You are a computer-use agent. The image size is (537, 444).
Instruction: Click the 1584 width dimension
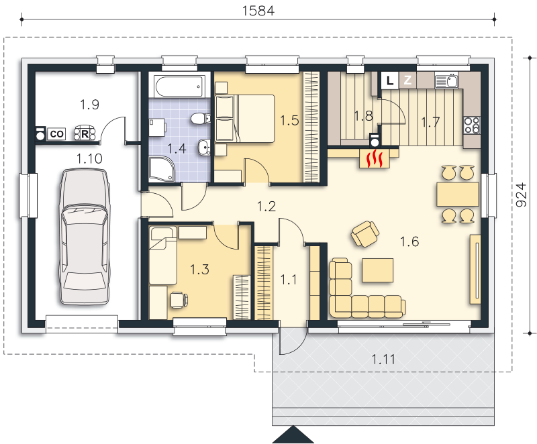258,11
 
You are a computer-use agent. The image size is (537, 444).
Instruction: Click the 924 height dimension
521,195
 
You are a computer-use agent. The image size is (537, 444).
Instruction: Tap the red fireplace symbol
375,159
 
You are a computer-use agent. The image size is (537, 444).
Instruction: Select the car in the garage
85,236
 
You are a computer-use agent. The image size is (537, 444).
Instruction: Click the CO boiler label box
56,133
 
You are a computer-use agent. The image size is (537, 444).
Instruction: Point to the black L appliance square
390,80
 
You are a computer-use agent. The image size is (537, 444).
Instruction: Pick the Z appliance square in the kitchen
407,80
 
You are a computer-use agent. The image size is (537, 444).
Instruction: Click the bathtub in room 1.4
178,87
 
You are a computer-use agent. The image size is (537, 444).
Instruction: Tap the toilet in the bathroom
201,119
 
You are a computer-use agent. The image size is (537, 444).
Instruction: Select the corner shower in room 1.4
162,169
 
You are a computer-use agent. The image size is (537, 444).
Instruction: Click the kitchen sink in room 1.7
447,81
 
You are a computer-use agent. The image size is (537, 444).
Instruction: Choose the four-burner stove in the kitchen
472,125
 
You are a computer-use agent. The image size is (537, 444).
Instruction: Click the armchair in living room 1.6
365,233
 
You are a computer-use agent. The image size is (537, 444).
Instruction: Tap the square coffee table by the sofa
377,270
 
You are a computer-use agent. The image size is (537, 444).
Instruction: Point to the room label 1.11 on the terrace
383,359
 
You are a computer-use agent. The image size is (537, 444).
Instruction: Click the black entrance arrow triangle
293,435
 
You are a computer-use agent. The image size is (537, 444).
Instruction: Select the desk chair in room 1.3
179,300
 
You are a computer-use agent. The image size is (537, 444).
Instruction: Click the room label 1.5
289,121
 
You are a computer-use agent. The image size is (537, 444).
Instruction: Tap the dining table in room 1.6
458,195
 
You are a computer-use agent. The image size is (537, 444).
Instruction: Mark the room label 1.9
89,105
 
